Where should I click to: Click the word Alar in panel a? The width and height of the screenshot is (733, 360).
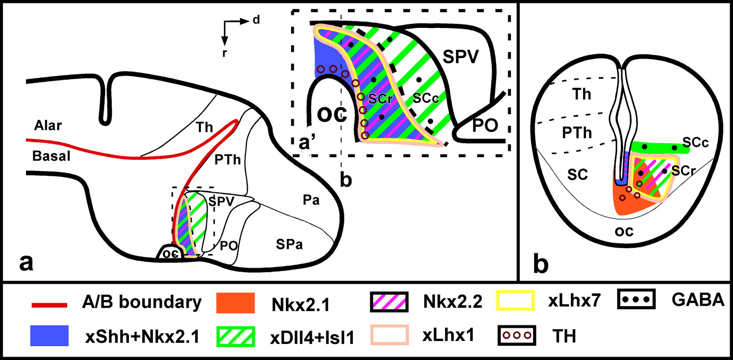(x=47, y=126)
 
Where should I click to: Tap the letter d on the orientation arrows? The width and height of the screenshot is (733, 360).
(x=256, y=20)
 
